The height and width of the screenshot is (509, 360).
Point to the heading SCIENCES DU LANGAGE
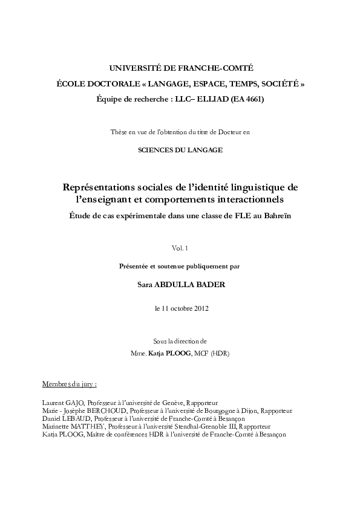pos(180,149)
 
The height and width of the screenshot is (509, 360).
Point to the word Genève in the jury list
pos(171,402)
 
